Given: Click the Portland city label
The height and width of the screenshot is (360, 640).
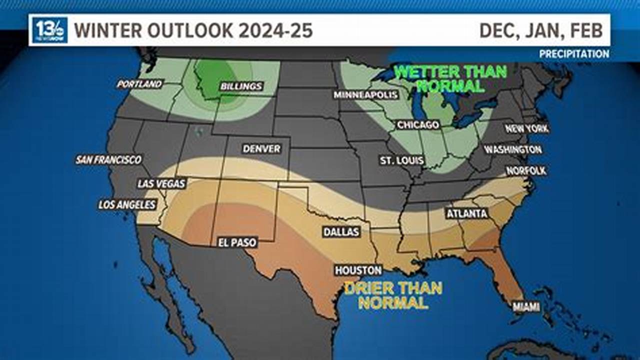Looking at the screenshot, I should coord(139,84).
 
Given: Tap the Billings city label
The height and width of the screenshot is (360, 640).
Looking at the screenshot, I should coord(241,86).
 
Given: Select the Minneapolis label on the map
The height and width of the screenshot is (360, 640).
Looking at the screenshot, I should coord(366,95).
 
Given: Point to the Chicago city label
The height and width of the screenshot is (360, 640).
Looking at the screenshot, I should coord(418,125).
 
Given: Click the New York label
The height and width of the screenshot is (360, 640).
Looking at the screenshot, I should coord(526,128).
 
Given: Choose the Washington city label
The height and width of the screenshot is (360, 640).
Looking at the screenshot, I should coord(512,149).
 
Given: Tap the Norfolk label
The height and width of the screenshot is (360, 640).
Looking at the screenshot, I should coord(526,170).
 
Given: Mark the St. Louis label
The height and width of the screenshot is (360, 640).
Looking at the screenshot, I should coord(402,160).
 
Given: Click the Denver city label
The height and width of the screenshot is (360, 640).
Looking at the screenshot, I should coord(261,149).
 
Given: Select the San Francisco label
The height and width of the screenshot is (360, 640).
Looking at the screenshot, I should coord(108,160).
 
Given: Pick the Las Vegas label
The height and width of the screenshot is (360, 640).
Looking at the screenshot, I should coord(161,183).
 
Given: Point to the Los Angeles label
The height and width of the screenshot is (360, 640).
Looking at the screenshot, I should coord(127,204).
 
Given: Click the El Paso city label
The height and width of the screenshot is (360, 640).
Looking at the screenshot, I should coord(237,242).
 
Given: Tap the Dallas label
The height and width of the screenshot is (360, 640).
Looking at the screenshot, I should coord(341,232).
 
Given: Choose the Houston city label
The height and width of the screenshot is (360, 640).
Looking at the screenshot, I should coord(358,270).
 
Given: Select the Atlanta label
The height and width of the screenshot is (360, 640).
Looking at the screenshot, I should coord(466,213).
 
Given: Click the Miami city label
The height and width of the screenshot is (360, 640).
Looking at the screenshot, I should coord(526,306).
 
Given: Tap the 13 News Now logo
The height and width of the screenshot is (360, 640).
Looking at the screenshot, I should coord(50,30).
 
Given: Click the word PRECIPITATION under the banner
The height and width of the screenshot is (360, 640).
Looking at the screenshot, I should coord(574,54).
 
